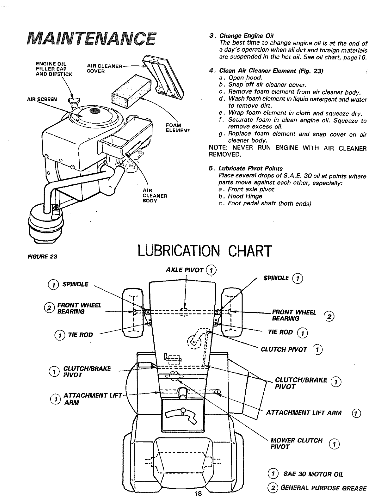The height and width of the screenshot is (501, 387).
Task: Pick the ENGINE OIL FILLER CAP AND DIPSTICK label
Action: click(x=54, y=69)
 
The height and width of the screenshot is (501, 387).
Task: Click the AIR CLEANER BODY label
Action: click(x=155, y=195)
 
